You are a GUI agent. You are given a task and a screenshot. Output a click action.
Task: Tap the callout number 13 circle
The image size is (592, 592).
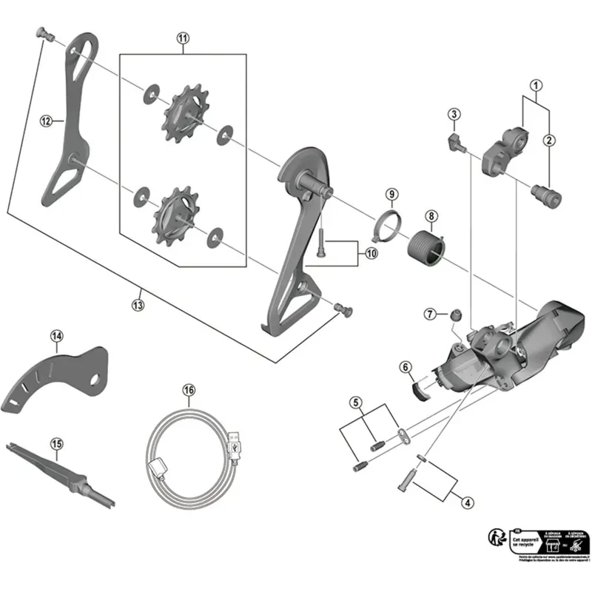coord(138,303)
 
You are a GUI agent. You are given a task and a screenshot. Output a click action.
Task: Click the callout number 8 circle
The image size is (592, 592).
coord(431,217)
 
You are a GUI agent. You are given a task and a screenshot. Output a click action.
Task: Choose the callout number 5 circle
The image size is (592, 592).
coord(357,403)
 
